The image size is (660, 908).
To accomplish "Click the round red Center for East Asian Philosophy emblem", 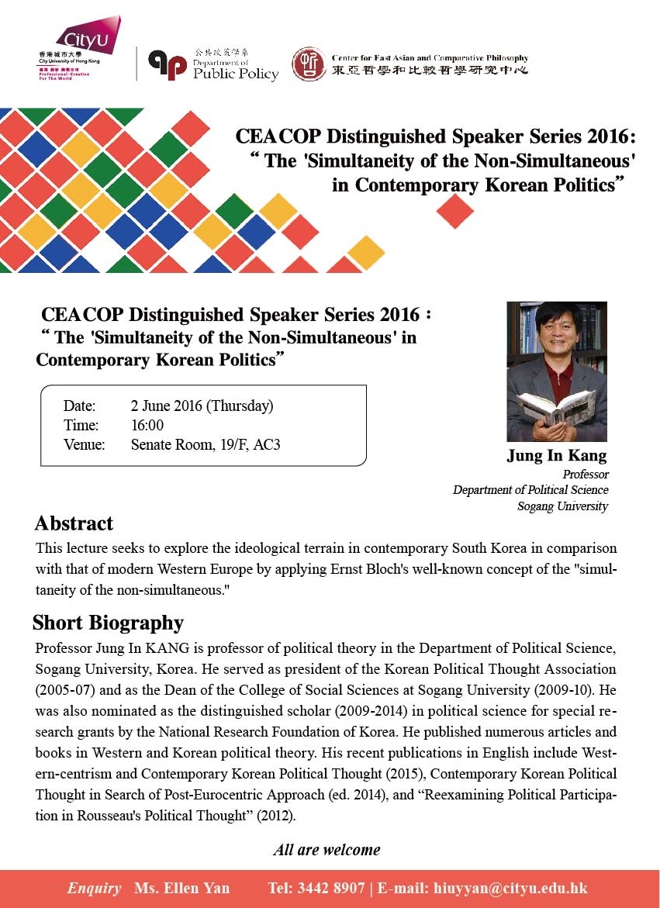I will click(309, 64).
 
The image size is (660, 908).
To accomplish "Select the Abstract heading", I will click(74, 523).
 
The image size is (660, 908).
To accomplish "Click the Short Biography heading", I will click(108, 623).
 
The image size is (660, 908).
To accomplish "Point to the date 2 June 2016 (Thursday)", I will click(202, 406).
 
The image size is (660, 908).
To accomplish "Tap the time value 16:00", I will click(147, 425).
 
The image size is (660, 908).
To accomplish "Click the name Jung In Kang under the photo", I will click(557, 455).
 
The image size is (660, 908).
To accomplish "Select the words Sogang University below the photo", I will click(562, 506).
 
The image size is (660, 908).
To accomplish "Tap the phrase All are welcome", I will click(327, 850).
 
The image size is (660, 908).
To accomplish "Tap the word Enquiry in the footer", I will click(94, 889).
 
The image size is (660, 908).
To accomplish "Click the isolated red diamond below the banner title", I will click(454, 210).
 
